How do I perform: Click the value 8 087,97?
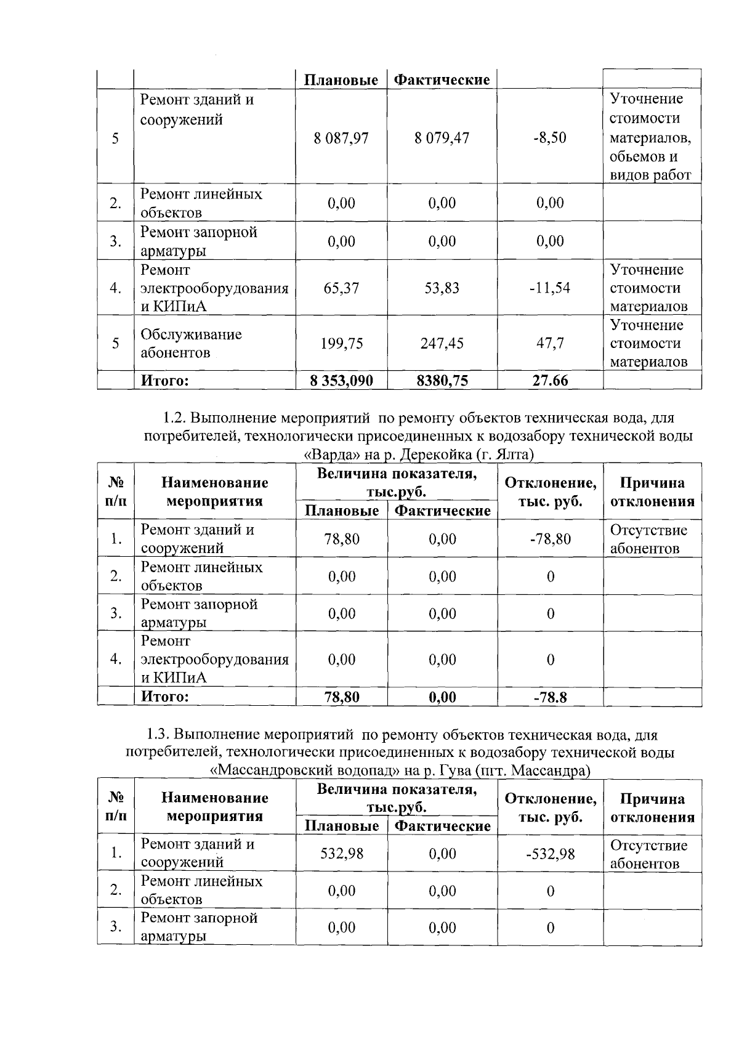pyautogui.click(x=341, y=137)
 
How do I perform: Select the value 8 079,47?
pyautogui.click(x=442, y=137)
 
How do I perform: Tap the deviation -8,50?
pyautogui.click(x=549, y=137)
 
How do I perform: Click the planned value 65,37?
pyautogui.click(x=341, y=288)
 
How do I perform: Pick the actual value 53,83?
pyautogui.click(x=442, y=288)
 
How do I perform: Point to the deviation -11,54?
pyautogui.click(x=549, y=288)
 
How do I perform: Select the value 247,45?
pyautogui.click(x=442, y=343)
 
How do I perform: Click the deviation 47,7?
pyautogui.click(x=549, y=343)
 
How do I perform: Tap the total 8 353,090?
pyautogui.click(x=342, y=381)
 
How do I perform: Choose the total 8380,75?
pyautogui.click(x=442, y=381)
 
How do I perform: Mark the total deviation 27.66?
pyautogui.click(x=549, y=381)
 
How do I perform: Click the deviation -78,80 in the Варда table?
pyautogui.click(x=549, y=539)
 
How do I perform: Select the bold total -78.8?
pyautogui.click(x=549, y=697)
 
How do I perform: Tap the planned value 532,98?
pyautogui.click(x=341, y=854)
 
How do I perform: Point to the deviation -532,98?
pyautogui.click(x=549, y=854)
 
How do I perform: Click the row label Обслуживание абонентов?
pyautogui.click(x=191, y=343)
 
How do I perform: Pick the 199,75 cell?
pyautogui.click(x=341, y=343)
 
